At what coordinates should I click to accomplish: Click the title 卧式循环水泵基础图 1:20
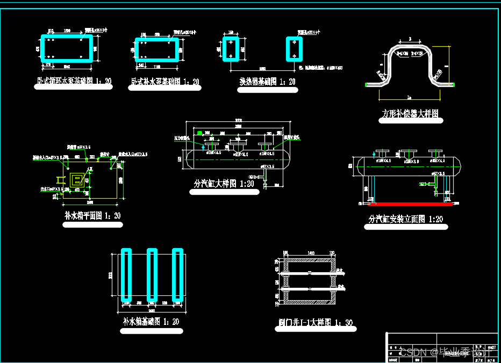[73, 82]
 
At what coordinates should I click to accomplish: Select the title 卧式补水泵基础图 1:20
[165, 82]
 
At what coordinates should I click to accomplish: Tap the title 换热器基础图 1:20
[267, 82]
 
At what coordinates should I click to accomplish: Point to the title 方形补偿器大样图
[411, 114]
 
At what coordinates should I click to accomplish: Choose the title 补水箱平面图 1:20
[92, 216]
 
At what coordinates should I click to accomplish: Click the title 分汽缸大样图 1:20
[224, 184]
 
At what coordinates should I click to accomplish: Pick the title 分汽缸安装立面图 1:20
[406, 219]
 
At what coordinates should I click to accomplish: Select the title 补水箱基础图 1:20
[151, 322]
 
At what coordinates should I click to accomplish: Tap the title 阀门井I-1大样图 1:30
[317, 324]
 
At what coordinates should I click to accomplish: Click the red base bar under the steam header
[410, 204]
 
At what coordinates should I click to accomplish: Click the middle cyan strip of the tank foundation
[152, 275]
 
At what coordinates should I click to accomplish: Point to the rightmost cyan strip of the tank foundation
[177, 275]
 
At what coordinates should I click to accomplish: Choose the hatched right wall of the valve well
[332, 281]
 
